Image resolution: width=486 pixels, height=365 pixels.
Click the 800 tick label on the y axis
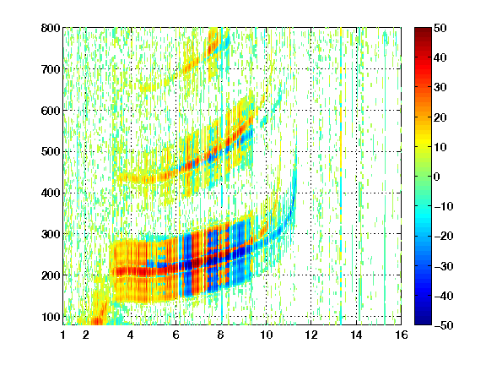coord(51,28)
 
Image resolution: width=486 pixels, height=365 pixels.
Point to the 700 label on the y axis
coord(51,69)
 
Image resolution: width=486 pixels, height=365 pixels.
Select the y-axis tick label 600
coord(51,111)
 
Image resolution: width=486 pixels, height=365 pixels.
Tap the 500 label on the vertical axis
coord(51,152)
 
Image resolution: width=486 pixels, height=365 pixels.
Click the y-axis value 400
coord(51,193)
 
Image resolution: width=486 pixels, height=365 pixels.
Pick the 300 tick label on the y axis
coord(51,234)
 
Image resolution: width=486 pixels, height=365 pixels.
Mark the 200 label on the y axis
coord(51,275)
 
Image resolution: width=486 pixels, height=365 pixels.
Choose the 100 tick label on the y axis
coord(51,317)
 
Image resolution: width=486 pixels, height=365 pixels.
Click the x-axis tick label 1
coord(63,335)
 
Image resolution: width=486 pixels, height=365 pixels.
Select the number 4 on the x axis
coord(131,335)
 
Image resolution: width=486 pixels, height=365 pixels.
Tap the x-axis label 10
coord(267,335)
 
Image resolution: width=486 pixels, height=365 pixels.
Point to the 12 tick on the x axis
coord(311,335)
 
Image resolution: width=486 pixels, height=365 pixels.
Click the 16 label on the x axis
coord(402,335)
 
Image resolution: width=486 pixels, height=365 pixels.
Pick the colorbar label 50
coord(440,28)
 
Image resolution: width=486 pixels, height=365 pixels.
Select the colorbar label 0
coord(437,177)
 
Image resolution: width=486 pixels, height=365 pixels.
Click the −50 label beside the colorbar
coord(444,325)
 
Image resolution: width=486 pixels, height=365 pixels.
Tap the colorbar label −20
coord(444,237)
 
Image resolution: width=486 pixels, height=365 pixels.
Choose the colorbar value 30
coord(440,88)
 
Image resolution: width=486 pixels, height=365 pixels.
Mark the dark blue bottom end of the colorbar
coord(423,322)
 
